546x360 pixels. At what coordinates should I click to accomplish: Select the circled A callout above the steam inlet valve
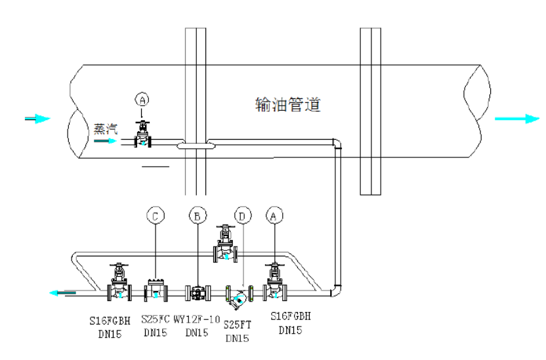(142, 99)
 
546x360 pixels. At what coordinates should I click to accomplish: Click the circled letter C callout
(155, 214)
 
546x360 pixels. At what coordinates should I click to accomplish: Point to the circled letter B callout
(197, 214)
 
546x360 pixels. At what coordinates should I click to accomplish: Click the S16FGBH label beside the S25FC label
(111, 321)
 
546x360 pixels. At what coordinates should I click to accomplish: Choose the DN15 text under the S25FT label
(237, 338)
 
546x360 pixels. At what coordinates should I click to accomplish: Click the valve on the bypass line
(226, 244)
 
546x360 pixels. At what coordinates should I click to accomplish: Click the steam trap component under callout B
(197, 292)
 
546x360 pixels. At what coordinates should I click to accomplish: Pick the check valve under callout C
(156, 290)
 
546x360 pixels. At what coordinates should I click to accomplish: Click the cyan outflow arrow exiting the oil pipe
(517, 119)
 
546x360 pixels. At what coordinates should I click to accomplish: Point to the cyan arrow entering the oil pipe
(37, 119)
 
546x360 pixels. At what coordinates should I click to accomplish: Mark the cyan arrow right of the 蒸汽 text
(104, 140)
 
